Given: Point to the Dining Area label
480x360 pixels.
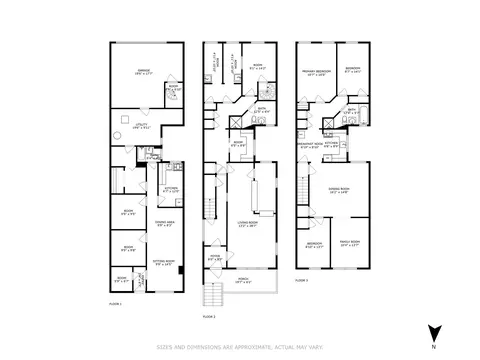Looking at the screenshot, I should [x=162, y=224].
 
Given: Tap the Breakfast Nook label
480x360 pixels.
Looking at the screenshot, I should [x=310, y=145].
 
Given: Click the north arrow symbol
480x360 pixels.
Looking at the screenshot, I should [x=432, y=332].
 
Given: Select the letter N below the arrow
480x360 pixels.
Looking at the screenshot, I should [x=432, y=346].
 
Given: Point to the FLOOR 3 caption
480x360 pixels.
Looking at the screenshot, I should [x=302, y=281].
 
